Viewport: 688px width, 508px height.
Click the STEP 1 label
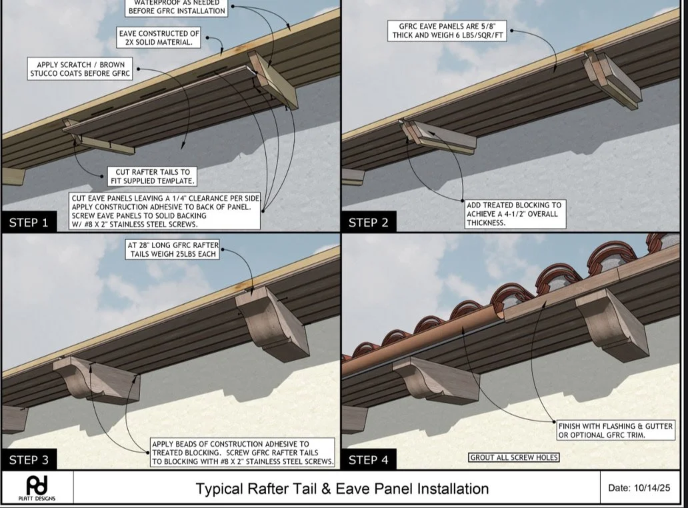[x=29, y=223]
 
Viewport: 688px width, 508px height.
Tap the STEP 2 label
[x=368, y=223]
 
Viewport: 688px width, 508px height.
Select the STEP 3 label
[x=29, y=459]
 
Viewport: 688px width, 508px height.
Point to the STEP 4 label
[x=368, y=459]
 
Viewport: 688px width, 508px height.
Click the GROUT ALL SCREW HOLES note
[x=514, y=457]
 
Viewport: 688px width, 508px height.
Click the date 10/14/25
[x=639, y=487]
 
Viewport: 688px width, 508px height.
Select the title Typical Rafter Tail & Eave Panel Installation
[x=341, y=489]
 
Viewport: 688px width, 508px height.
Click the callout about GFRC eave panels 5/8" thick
[x=446, y=31]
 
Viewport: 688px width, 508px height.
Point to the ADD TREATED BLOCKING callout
[x=514, y=213]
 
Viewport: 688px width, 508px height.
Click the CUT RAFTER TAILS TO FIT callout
[x=152, y=176]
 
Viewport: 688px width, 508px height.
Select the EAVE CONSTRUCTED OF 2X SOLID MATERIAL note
[x=159, y=37]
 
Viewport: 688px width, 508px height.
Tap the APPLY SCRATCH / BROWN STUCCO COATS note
[x=80, y=69]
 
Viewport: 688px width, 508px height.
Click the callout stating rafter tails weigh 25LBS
[x=173, y=250]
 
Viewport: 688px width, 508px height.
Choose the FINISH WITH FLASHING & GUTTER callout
[x=615, y=431]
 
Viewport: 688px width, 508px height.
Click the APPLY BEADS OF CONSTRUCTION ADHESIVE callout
[x=242, y=452]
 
